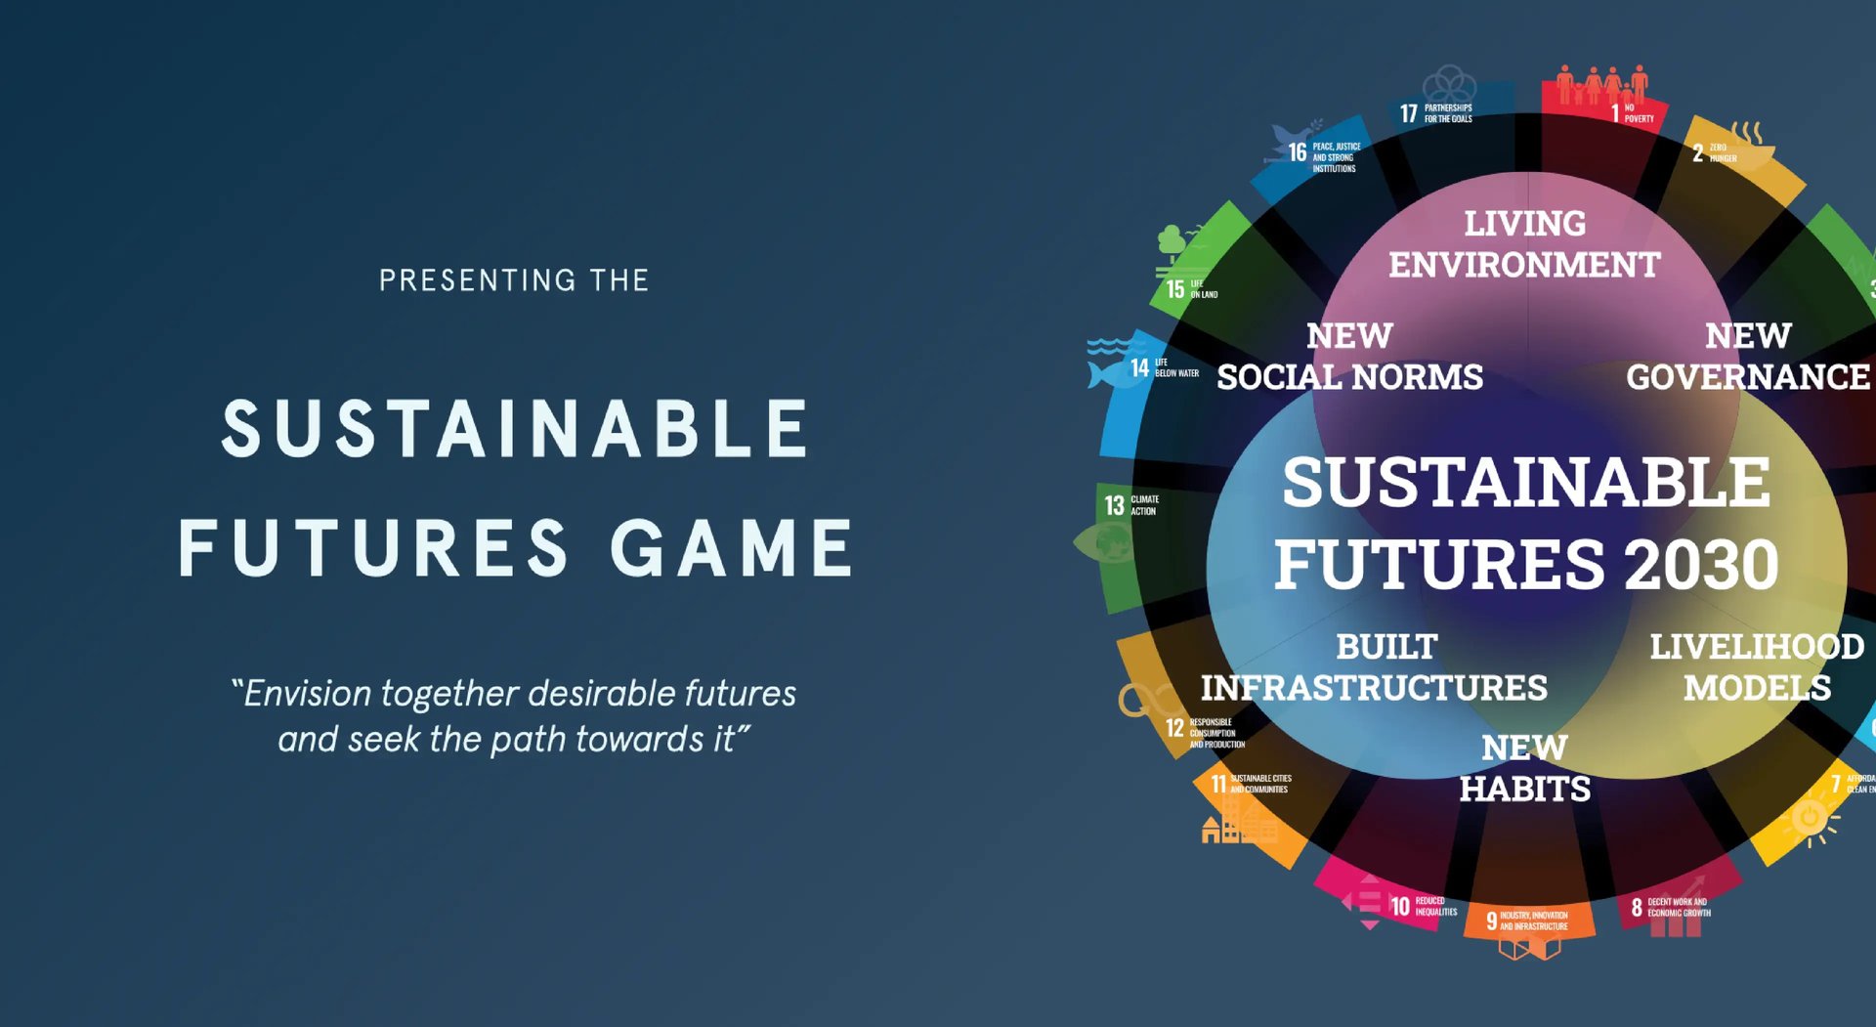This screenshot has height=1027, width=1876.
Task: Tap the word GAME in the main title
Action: [x=733, y=548]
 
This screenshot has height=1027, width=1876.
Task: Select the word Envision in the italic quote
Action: [x=307, y=694]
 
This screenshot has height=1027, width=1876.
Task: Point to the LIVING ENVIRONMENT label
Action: [x=1524, y=244]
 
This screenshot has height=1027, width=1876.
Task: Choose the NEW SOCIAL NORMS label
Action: [x=1349, y=357]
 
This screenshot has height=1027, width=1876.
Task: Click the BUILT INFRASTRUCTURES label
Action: [x=1374, y=667]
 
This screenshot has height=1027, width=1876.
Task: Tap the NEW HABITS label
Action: [x=1524, y=768]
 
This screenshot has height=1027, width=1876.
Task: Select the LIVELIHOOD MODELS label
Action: [x=1757, y=667]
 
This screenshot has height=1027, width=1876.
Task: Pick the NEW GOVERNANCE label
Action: [x=1747, y=357]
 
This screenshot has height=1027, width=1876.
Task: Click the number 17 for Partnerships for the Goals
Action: [x=1408, y=114]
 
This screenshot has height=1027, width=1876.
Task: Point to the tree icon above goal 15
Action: [x=1172, y=239]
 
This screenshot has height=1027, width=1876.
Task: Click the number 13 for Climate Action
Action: [x=1114, y=505]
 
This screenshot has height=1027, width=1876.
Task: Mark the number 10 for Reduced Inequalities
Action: [x=1400, y=907]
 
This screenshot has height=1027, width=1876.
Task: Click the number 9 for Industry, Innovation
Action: [x=1491, y=920]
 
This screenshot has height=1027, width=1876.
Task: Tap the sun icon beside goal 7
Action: [x=1810, y=817]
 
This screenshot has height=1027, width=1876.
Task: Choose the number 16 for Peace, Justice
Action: [x=1297, y=152]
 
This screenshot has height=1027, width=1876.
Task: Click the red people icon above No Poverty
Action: [x=1602, y=84]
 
